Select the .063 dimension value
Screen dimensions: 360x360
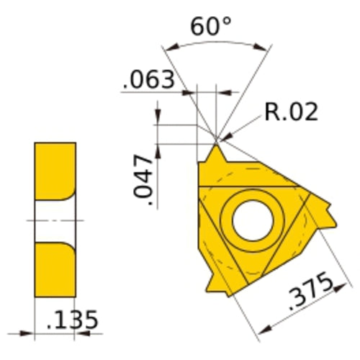149,79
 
